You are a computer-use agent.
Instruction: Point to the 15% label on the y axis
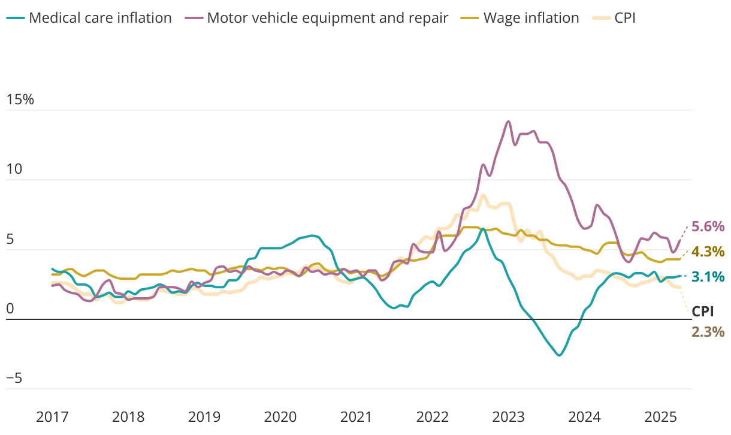20,100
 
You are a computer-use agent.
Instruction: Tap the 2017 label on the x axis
52,417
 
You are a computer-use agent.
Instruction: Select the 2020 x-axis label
280,417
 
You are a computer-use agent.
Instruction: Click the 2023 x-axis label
508,417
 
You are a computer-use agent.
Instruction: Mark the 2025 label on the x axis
660,417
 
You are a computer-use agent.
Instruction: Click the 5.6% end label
708,226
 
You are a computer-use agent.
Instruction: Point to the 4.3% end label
708,252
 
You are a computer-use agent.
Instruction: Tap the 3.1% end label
708,277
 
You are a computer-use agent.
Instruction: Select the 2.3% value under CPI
708,332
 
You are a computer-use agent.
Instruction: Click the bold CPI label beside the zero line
703,312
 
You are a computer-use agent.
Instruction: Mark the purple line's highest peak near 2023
509,122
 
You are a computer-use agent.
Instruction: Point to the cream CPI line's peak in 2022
483,195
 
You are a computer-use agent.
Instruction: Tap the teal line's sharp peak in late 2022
484,229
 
